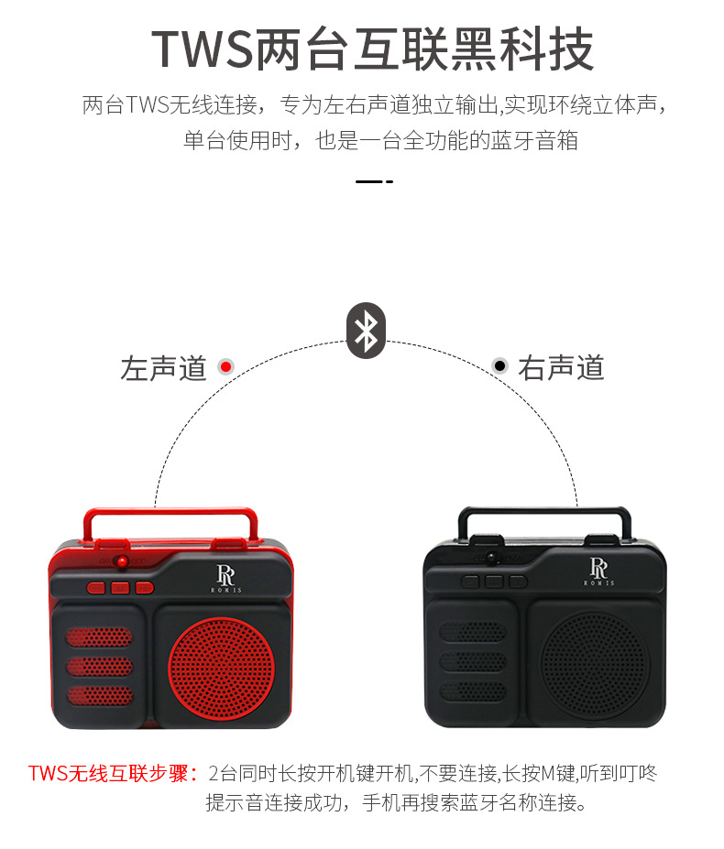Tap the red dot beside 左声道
[x=225, y=366]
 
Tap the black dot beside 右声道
[x=499, y=366]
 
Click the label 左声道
[x=163, y=368]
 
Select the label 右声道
[x=561, y=368]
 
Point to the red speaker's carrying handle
[x=154, y=517]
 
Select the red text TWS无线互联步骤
[x=113, y=773]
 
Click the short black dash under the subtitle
[x=374, y=181]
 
